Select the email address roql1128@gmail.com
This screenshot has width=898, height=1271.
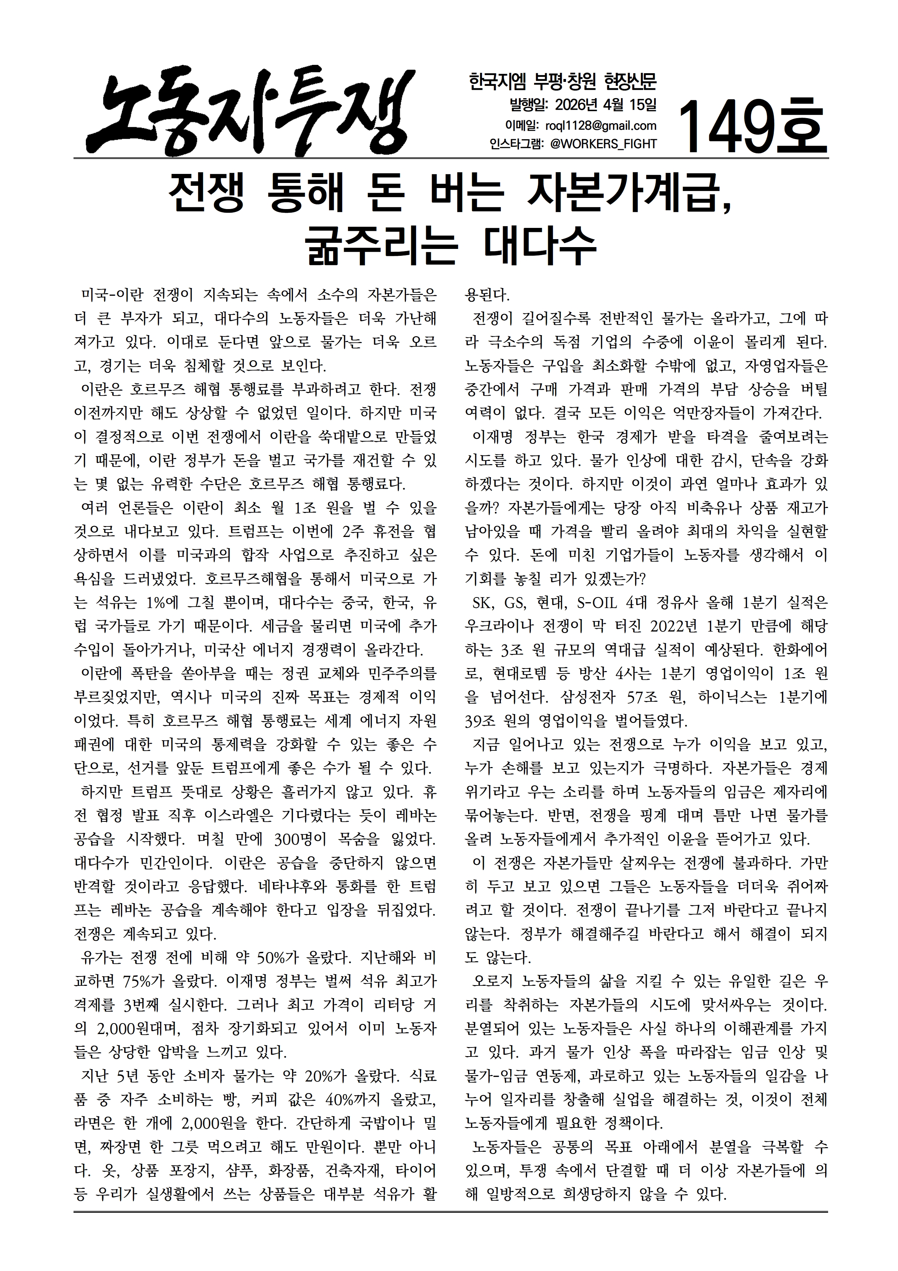[x=601, y=126]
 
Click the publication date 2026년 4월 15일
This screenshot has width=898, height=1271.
[x=605, y=105]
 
